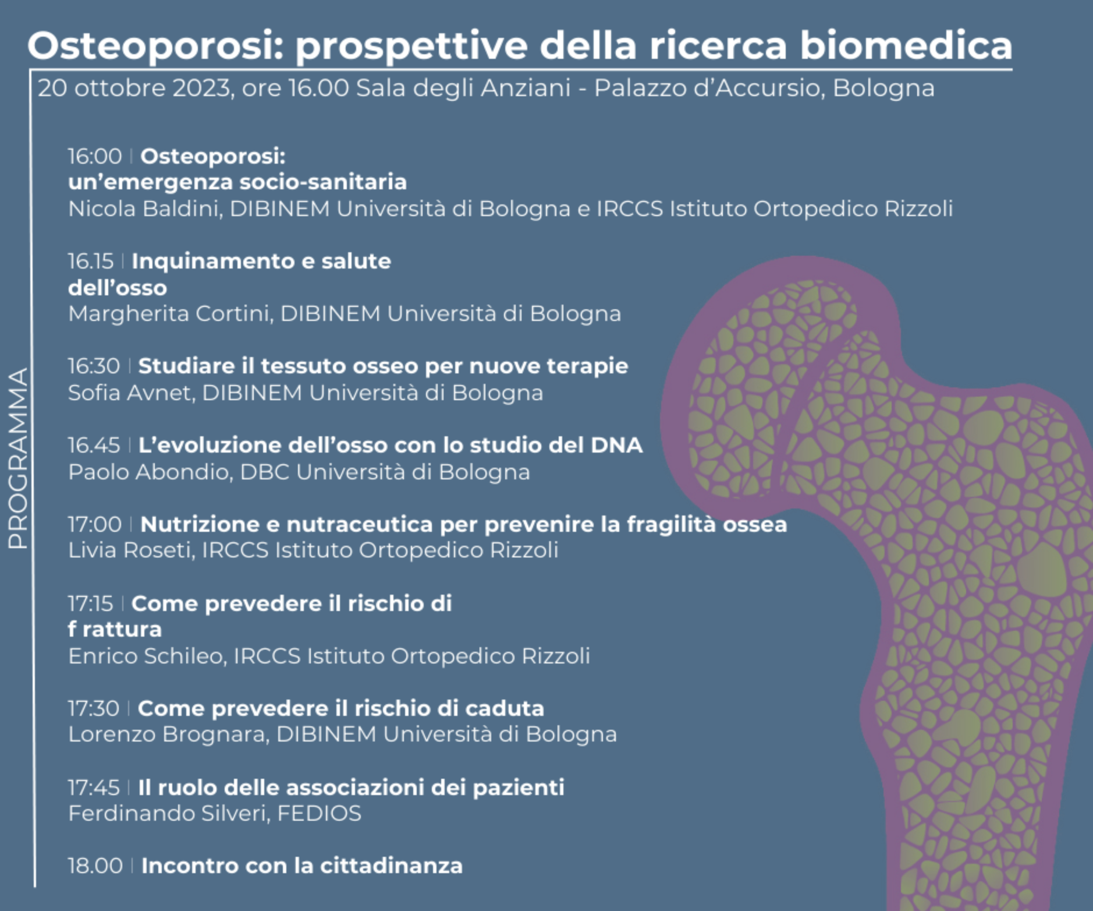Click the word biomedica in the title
click(906, 45)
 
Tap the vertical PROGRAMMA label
click(18, 458)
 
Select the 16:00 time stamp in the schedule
click(95, 156)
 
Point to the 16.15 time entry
click(91, 261)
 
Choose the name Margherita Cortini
click(169, 313)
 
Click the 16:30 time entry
click(94, 366)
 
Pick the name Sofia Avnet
click(131, 393)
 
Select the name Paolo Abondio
click(150, 472)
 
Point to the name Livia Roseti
click(130, 550)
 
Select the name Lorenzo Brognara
click(168, 734)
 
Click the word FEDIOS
click(319, 813)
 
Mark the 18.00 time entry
click(95, 866)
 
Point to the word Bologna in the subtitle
click(883, 89)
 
